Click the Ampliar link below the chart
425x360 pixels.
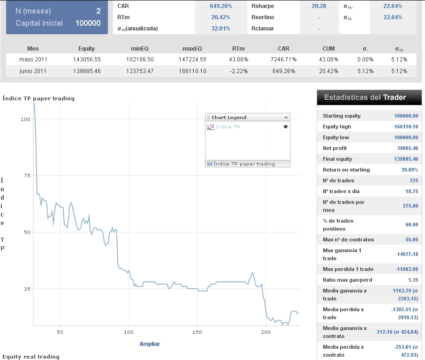(150, 344)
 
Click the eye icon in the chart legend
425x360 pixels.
(286, 127)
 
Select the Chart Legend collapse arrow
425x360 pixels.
(286, 117)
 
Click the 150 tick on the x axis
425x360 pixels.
(197, 332)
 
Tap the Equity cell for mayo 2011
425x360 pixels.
(87, 60)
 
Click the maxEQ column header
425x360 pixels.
(192, 48)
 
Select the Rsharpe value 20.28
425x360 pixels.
(319, 6)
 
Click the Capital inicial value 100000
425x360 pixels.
(88, 23)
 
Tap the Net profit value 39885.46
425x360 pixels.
(407, 148)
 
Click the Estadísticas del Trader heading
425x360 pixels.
(365, 97)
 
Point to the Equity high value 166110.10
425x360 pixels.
(406, 127)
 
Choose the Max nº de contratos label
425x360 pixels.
(348, 240)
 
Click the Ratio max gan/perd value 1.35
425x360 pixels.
(411, 280)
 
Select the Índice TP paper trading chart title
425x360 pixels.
(38, 98)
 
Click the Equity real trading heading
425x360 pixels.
(31, 357)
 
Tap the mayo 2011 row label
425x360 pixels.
(33, 60)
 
